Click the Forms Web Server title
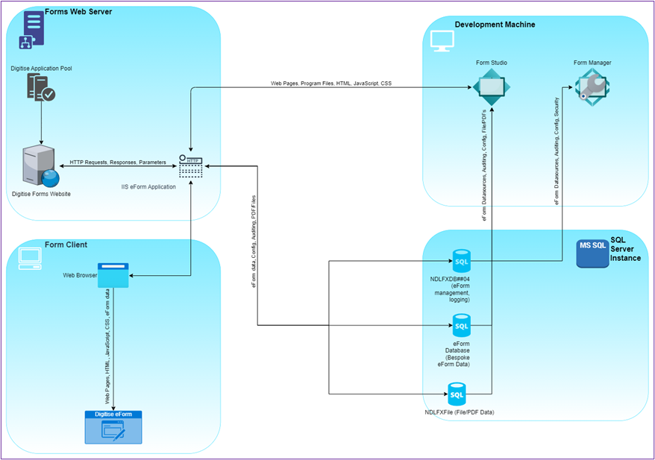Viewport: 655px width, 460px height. click(x=78, y=12)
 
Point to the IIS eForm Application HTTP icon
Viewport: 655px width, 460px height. click(x=191, y=166)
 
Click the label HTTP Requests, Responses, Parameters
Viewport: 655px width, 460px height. click(x=118, y=162)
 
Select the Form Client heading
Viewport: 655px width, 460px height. click(x=66, y=245)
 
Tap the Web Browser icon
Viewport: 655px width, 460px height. click(x=113, y=275)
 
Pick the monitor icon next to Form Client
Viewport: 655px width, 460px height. click(x=31, y=257)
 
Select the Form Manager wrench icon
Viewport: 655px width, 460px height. click(x=592, y=88)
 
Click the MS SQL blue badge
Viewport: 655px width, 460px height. click(x=592, y=253)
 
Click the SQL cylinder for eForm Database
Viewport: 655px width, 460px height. click(x=462, y=325)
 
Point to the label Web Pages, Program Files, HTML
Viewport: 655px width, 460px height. click(x=330, y=84)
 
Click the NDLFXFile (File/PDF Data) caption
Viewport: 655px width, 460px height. click(x=460, y=412)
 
